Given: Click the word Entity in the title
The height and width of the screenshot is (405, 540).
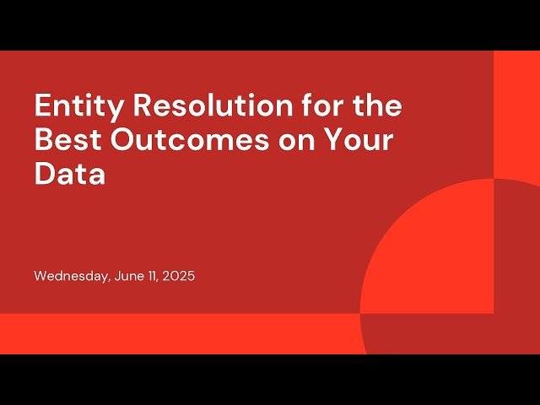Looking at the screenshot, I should tap(74, 107).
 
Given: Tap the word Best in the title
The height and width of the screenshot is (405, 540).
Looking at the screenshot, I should tap(67, 140).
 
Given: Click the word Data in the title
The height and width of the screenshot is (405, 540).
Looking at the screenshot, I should tap(70, 174).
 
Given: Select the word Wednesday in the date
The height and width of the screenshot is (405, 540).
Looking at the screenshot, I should tap(71, 276).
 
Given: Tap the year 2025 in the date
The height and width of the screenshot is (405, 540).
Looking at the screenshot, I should tap(180, 276).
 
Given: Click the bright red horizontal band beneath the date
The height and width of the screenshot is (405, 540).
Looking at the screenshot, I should tap(169, 333).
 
